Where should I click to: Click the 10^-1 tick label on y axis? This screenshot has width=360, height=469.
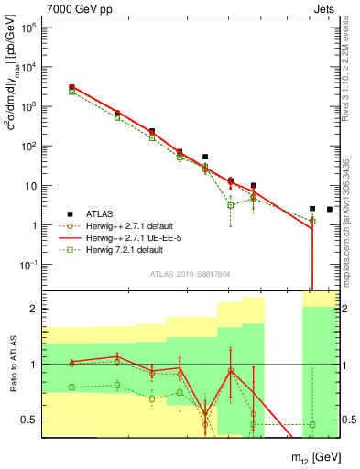28,265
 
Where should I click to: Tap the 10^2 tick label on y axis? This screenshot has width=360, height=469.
28,146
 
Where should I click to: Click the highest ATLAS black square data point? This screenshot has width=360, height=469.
71,87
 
